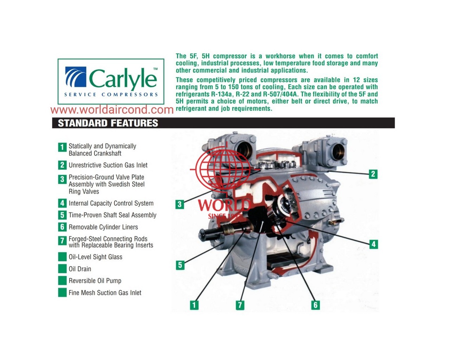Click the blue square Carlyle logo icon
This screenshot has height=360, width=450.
click(76, 77)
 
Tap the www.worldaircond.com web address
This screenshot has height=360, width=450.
click(112, 110)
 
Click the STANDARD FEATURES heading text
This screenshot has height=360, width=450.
click(108, 123)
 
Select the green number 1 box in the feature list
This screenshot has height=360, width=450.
click(62, 147)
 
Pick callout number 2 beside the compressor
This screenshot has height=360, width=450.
click(373, 174)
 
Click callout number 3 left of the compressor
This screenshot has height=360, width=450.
click(180, 204)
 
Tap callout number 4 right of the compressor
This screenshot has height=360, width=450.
click(373, 244)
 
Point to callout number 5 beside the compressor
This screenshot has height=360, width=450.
click(180, 265)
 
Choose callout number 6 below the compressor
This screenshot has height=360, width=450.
click(316, 305)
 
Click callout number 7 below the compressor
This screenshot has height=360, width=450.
click(240, 305)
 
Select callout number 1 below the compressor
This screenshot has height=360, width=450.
click(194, 305)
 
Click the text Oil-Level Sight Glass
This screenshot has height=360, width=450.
click(96, 257)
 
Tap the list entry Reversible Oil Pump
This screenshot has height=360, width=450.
click(95, 281)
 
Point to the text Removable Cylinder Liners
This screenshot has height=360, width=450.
click(103, 227)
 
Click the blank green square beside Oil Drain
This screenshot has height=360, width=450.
click(62, 269)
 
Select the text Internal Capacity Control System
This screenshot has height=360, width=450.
click(111, 203)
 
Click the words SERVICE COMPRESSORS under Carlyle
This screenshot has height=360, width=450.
click(111, 95)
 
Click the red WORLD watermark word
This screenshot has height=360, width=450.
click(224, 205)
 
